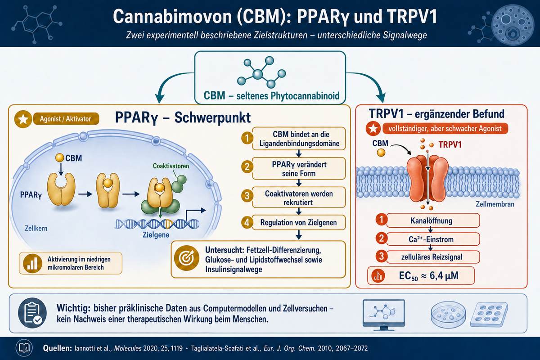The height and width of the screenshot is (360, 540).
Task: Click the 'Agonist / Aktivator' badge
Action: click(66, 119)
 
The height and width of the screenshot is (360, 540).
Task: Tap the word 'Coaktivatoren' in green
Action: click(171, 166)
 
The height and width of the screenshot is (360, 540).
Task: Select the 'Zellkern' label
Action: click(36, 228)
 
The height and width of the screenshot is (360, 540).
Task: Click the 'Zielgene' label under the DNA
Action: click(156, 234)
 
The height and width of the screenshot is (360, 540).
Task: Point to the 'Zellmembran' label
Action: click(495, 204)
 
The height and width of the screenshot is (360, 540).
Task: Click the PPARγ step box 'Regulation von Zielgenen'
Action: click(299, 222)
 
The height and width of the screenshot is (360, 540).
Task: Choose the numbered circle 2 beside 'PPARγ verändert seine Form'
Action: click(247, 167)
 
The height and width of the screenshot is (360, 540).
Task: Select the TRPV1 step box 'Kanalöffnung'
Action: click(433, 220)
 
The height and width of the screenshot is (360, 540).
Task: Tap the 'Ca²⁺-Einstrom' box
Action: click(433, 239)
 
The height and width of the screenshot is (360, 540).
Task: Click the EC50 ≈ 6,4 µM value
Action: click(428, 275)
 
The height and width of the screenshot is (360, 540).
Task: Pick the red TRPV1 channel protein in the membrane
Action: click(427, 178)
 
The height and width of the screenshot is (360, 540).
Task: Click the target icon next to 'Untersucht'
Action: click(187, 258)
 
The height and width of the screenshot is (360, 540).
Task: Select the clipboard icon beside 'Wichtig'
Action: click(32, 313)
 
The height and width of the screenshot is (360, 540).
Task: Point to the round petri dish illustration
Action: click(448, 315)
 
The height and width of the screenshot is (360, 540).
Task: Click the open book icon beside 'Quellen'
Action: click(24, 348)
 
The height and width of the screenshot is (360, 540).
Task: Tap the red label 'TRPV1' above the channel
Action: click(450, 145)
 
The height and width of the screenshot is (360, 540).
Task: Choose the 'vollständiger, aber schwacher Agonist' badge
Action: click(445, 129)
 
